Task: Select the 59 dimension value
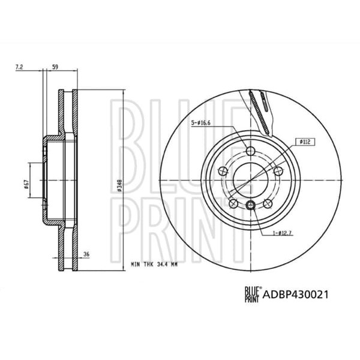pyautogui.click(x=55, y=68)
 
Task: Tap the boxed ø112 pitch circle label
pyautogui.click(x=305, y=142)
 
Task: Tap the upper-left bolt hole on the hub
pyautogui.click(x=224, y=172)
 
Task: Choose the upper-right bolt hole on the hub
pyautogui.click(x=278, y=172)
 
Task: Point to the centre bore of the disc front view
pyautogui.click(x=251, y=180)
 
